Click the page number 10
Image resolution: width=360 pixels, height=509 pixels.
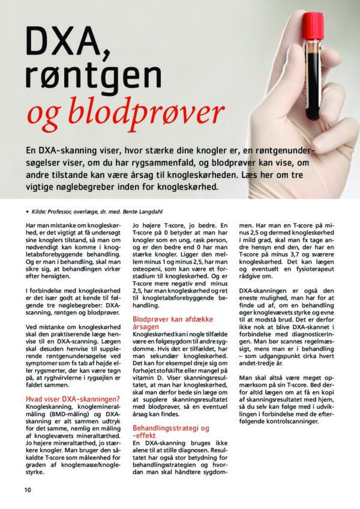tap(28, 489)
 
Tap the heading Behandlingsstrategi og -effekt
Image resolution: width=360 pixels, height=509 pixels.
tap(170, 432)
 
